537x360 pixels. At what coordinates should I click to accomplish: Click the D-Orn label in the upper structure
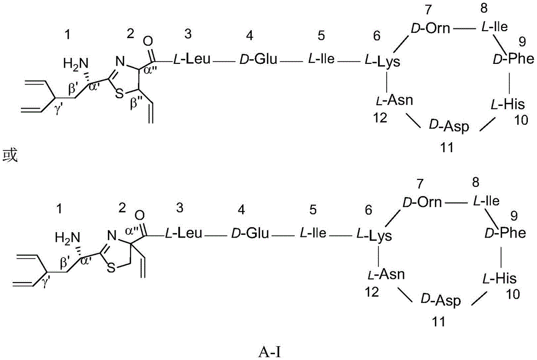[430, 28]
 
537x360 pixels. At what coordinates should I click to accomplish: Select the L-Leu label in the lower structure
[184, 234]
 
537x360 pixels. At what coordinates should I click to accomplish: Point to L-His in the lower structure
[499, 278]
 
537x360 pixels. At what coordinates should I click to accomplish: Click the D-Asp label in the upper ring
[448, 126]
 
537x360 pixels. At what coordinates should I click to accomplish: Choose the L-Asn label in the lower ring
[386, 275]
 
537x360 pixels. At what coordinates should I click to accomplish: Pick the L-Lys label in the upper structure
[381, 62]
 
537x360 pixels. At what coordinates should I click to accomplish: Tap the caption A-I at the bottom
[271, 351]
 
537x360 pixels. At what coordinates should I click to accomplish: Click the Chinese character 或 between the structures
[10, 155]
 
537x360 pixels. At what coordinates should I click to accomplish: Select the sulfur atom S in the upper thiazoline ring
[119, 93]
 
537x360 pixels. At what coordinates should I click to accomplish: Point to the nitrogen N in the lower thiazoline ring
[112, 236]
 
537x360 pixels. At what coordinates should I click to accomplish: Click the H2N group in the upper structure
[76, 64]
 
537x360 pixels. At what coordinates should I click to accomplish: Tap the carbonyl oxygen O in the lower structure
[140, 215]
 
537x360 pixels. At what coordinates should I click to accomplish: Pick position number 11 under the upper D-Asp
[447, 147]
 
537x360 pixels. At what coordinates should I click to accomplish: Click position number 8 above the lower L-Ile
[475, 183]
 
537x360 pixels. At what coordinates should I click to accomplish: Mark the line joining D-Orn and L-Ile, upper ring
[465, 28]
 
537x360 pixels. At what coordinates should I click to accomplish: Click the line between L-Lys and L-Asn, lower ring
[379, 255]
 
